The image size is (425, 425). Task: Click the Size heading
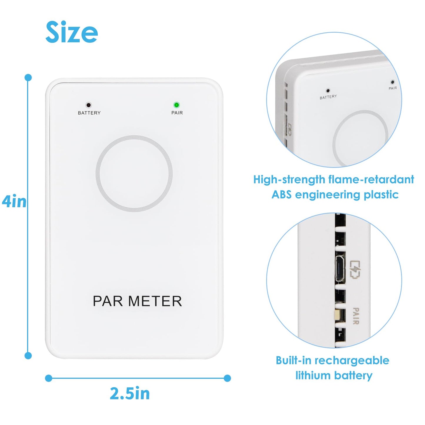(71, 32)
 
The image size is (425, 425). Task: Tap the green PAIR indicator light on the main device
(176, 105)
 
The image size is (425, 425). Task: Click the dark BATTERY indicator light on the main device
(88, 105)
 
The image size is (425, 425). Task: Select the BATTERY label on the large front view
(89, 113)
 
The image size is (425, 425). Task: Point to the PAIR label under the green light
(177, 113)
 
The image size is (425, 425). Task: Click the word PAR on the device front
(108, 301)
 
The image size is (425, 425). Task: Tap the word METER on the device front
(155, 301)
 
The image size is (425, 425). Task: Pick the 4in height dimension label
(14, 202)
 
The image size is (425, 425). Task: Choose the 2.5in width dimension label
(130, 394)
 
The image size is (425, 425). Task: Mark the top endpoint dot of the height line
(28, 78)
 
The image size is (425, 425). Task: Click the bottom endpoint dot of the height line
(28, 356)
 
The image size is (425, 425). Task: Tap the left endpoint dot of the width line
(49, 378)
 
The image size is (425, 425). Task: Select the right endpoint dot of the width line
(227, 378)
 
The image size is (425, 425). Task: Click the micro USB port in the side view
(340, 269)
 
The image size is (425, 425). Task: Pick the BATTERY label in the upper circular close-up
(328, 97)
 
